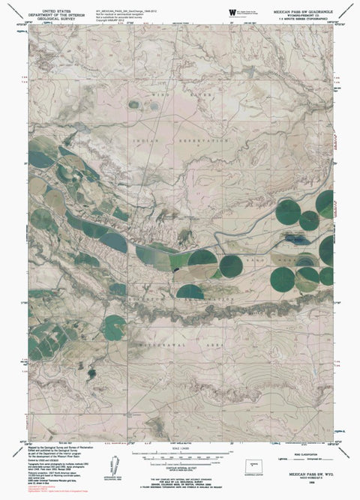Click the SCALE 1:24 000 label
pyautogui.click(x=180, y=448)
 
